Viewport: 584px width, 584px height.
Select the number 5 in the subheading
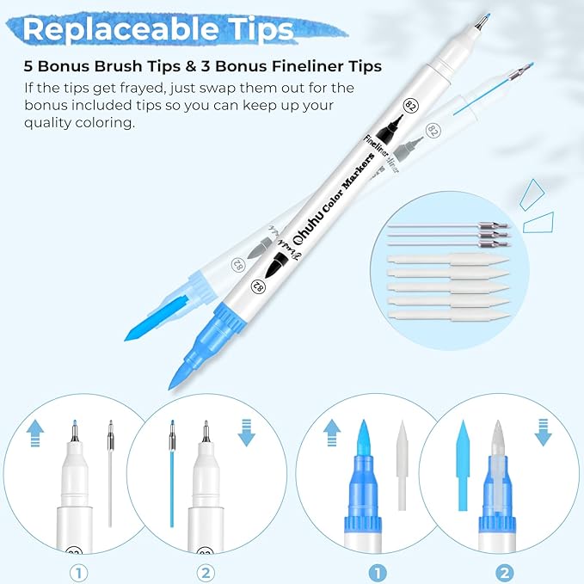[28, 66]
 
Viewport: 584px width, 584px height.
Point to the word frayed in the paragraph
[139, 89]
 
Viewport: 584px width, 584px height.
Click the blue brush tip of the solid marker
[181, 375]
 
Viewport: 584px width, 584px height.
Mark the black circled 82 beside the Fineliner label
[411, 106]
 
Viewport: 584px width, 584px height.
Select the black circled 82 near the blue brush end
[258, 286]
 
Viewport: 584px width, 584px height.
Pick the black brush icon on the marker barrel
[275, 264]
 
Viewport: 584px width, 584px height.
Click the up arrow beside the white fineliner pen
[35, 433]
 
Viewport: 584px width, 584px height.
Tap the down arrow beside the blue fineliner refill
[247, 433]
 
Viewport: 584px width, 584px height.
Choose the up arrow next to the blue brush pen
[332, 433]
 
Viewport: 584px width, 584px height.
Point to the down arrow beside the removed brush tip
[543, 433]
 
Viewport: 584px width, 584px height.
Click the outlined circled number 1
[78, 573]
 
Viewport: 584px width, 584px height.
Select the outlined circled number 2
[206, 573]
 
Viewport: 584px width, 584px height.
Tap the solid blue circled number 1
[378, 573]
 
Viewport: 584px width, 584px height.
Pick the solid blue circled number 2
[505, 573]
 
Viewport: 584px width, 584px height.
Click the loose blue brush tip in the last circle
[463, 465]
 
